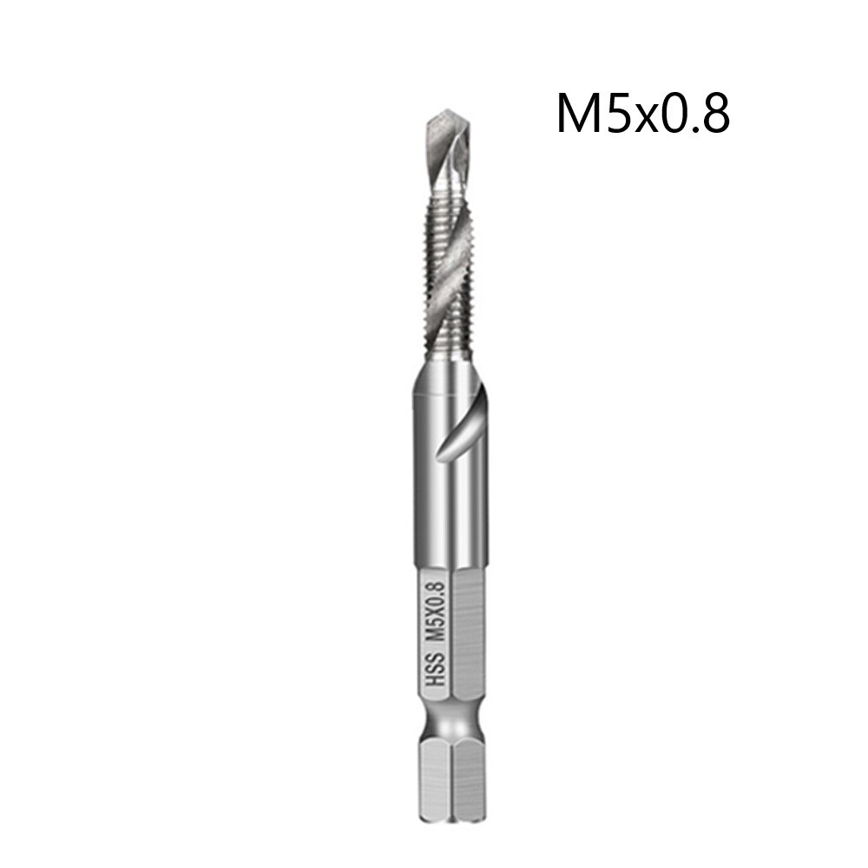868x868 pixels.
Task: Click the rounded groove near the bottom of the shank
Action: click(452, 725)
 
